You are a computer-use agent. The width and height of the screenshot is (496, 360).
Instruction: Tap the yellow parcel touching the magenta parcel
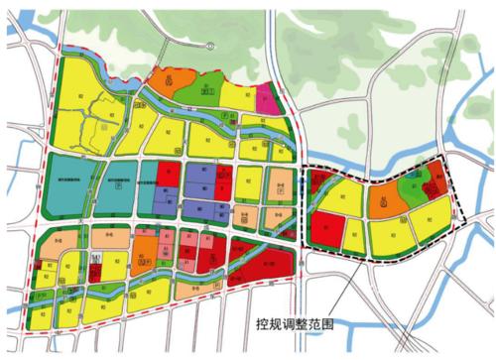pos(239,94)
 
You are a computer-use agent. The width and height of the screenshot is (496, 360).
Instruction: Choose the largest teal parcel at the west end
pos(67,181)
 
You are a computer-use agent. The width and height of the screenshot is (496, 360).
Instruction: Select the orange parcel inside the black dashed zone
pos(382,202)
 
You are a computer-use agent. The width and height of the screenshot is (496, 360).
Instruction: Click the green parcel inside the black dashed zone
pos(409,182)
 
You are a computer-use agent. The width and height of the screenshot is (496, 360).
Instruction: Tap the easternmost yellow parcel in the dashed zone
pos(435,213)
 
